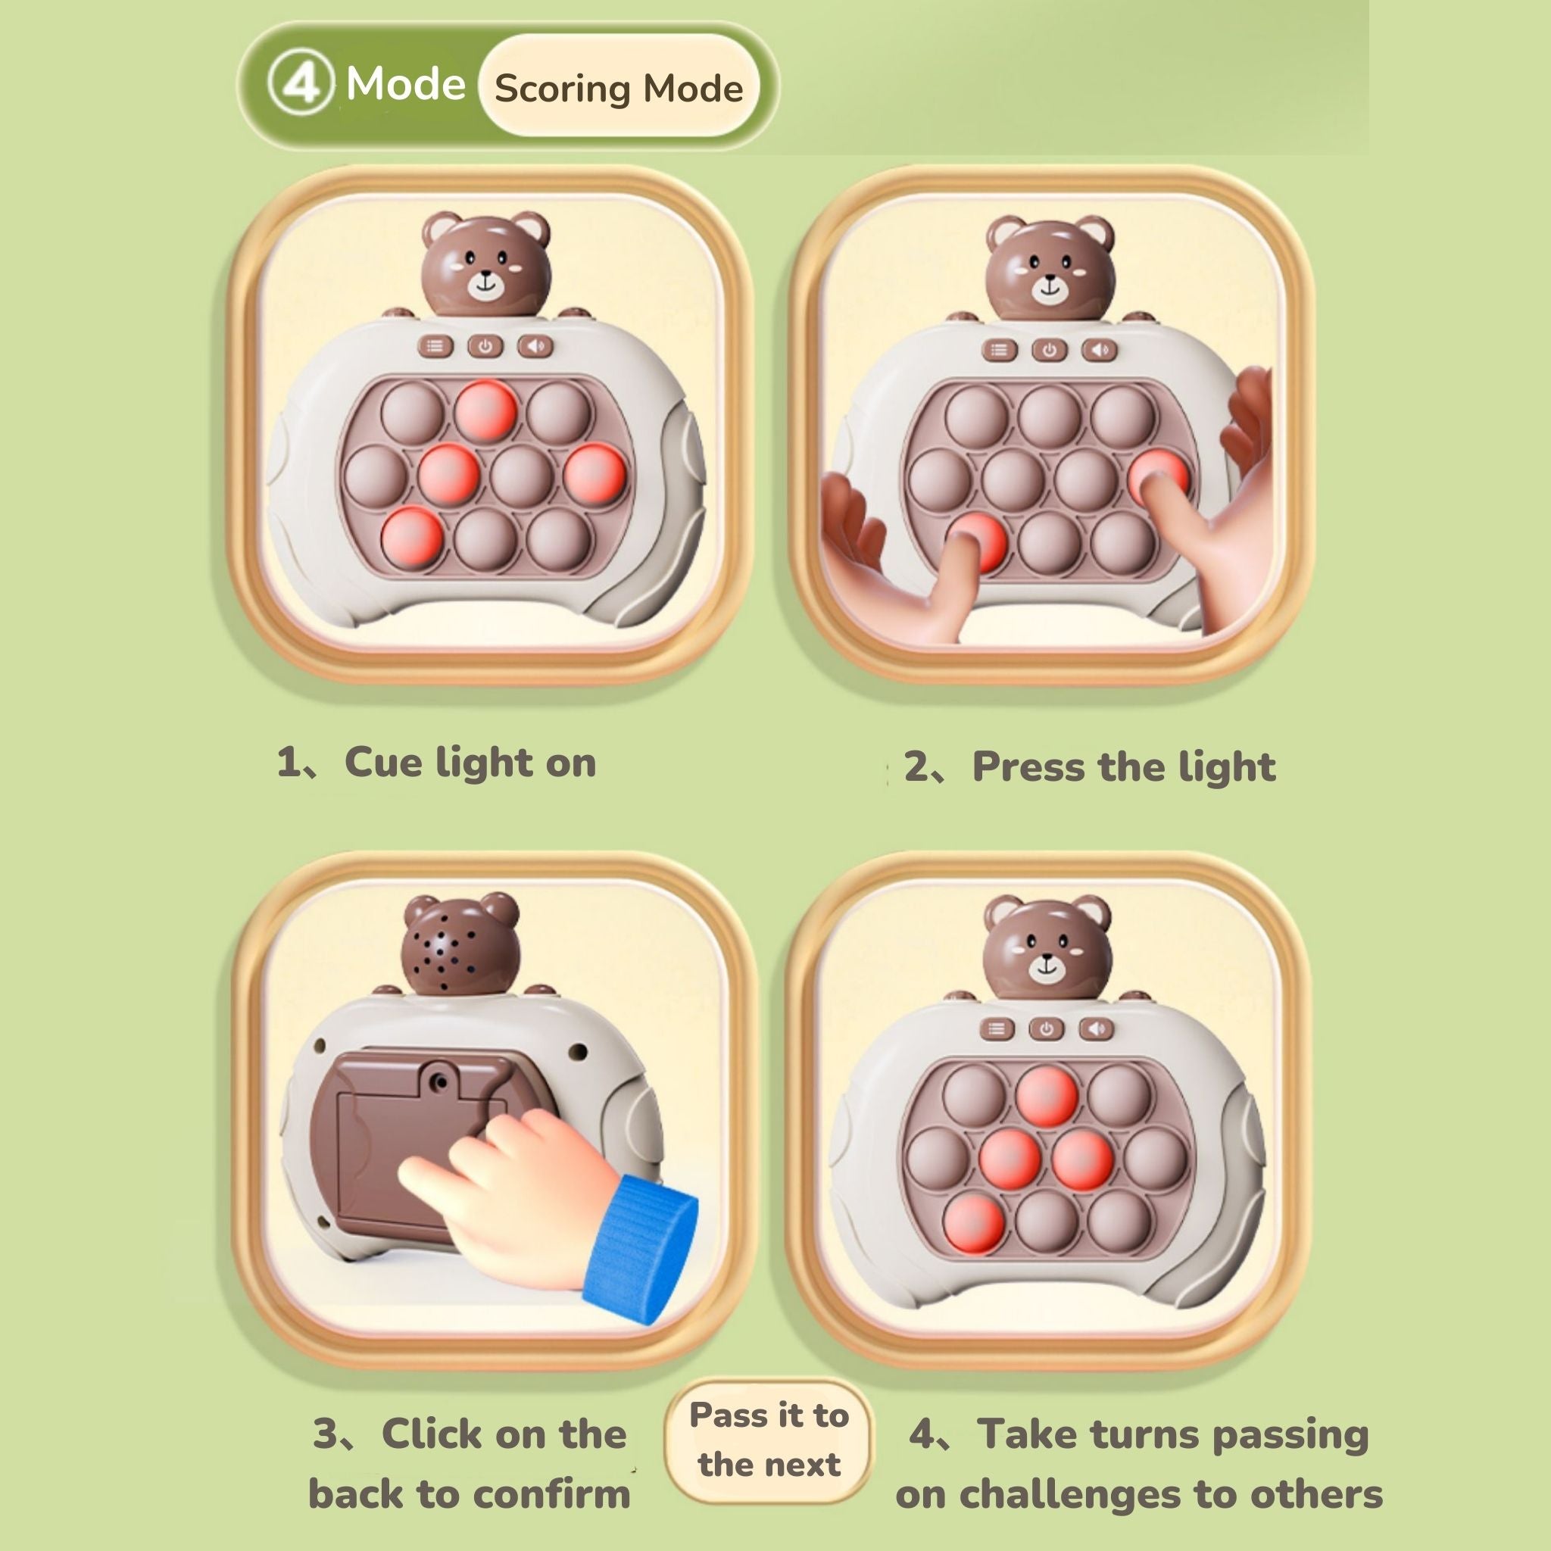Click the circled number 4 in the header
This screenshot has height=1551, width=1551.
pos(300,84)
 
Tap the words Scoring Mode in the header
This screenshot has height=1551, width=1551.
pos(618,89)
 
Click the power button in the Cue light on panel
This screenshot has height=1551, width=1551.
pos(485,347)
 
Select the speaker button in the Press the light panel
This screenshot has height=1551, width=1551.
pos(1099,350)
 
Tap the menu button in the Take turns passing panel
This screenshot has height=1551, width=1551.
pos(997,1029)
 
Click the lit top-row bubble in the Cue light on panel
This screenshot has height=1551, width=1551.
pos(485,410)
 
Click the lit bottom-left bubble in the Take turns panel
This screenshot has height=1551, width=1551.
pos(974,1222)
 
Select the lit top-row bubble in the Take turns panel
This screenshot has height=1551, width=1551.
pos(1046,1097)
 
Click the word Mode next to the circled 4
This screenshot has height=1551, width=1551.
pos(405,83)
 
